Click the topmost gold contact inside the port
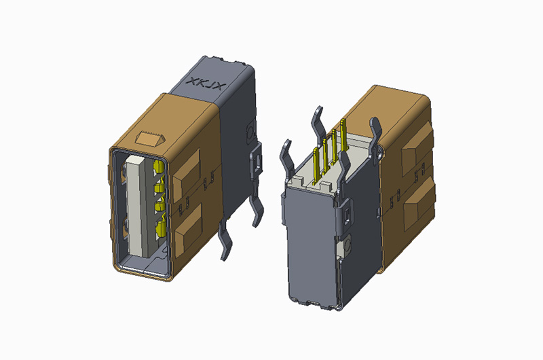pyautogui.click(x=160, y=167)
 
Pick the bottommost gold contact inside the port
pyautogui.click(x=162, y=231)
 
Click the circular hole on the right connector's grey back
pyautogui.click(x=347, y=245)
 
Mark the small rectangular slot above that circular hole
pyautogui.click(x=346, y=217)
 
